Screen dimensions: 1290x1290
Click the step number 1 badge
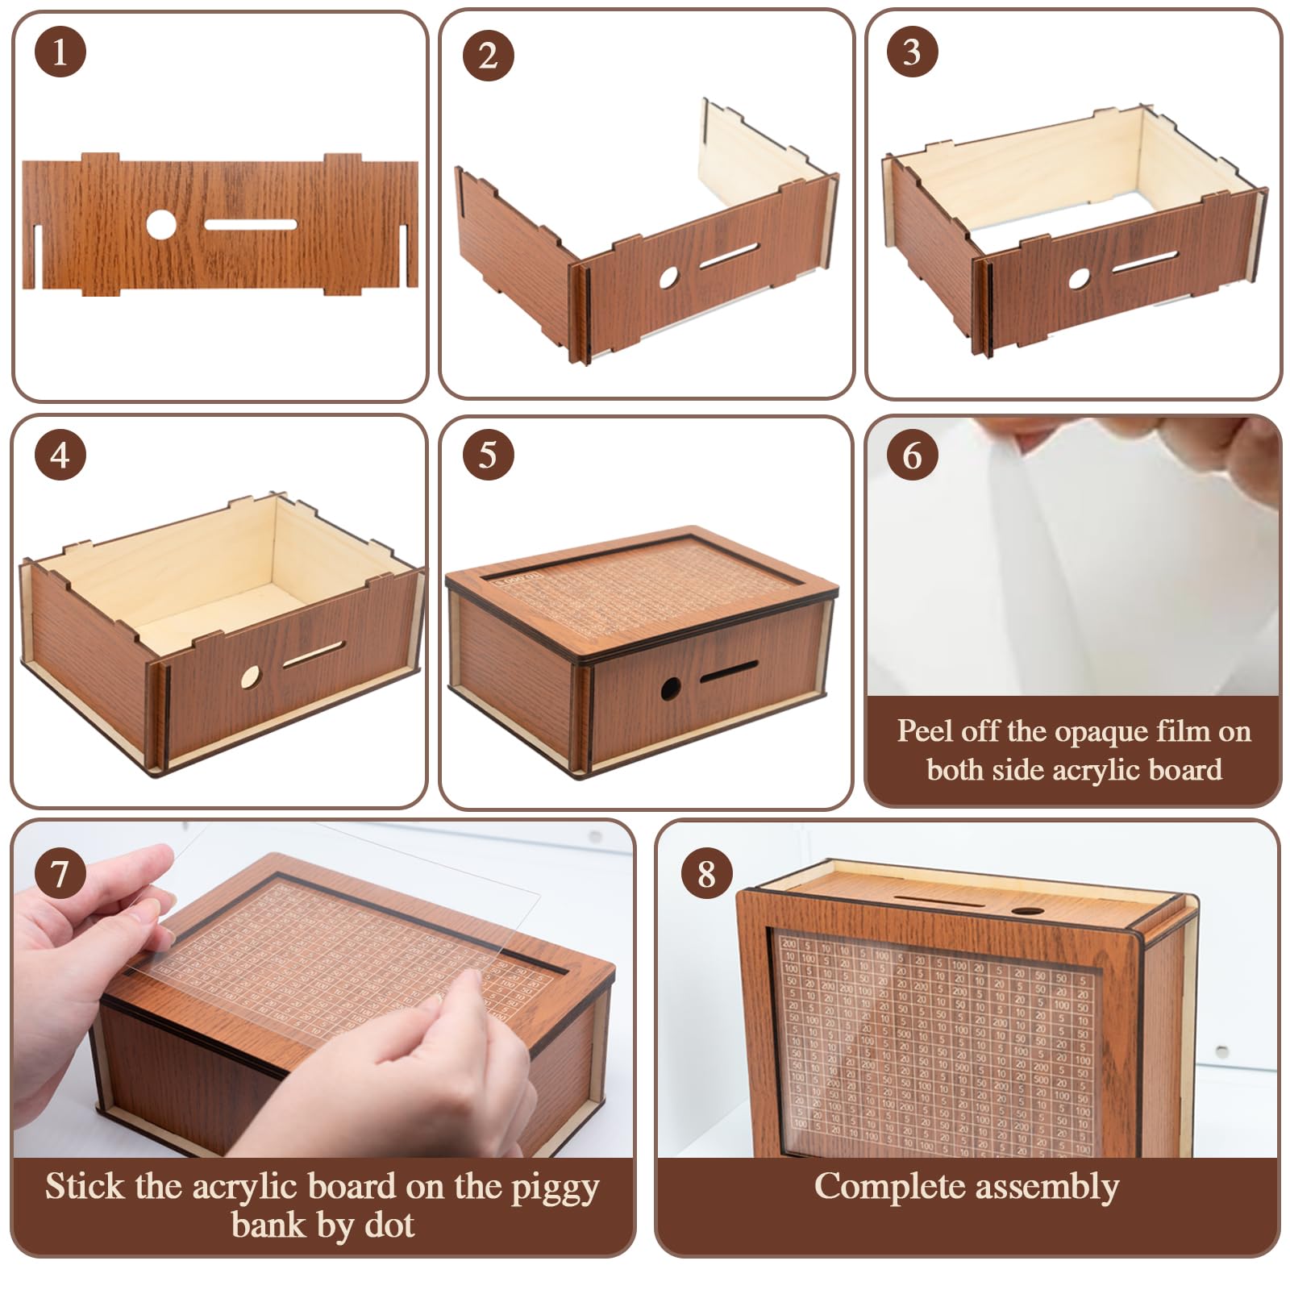(60, 52)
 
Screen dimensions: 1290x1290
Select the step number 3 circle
(912, 52)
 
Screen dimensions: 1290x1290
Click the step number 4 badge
(60, 455)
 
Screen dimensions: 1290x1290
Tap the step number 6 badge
(912, 455)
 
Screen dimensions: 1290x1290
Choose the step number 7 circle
(60, 872)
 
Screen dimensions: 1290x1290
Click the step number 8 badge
(706, 873)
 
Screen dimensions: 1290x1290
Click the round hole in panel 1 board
(161, 224)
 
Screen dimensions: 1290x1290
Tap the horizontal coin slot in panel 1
(250, 224)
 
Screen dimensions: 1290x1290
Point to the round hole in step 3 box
(1079, 279)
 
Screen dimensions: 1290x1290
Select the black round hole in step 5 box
(670, 688)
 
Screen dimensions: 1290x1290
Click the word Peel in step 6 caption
(925, 731)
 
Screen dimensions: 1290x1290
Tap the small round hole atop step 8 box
(1026, 910)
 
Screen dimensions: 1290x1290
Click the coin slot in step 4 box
(313, 654)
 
